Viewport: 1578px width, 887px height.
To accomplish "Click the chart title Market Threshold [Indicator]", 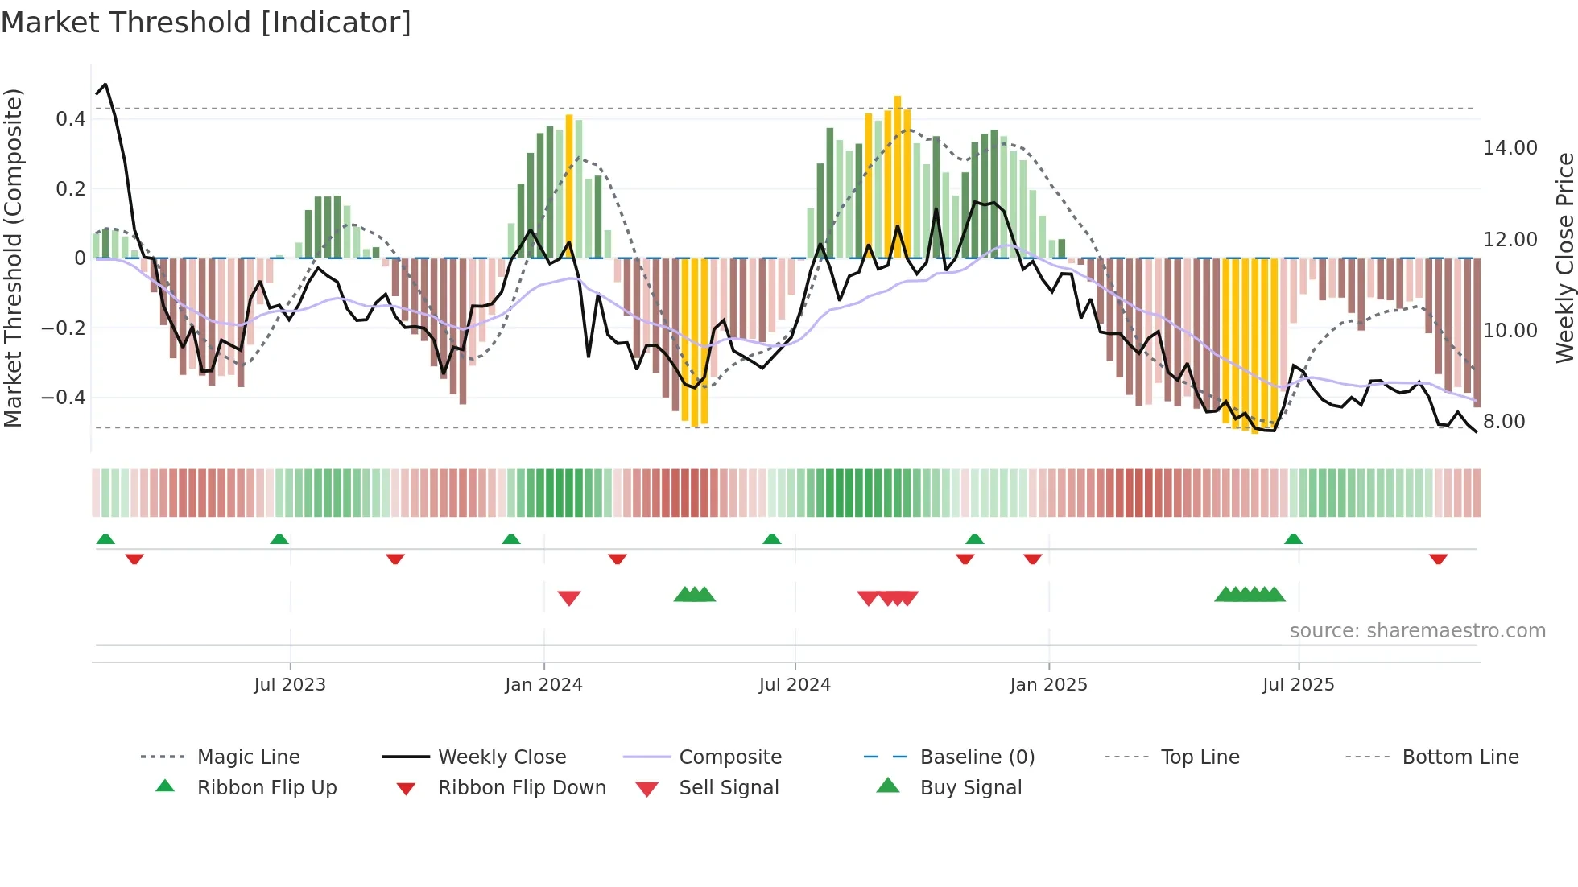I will click(206, 23).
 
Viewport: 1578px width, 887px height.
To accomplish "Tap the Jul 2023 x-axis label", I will click(290, 685).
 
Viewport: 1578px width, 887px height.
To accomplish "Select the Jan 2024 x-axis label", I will click(543, 685).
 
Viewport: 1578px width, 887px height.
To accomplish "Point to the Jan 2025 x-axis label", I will click(1048, 685).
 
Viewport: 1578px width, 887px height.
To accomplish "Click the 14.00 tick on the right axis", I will click(1510, 148).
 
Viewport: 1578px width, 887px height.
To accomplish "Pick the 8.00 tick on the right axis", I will click(1503, 422).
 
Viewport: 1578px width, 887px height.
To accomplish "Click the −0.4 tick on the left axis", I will click(64, 398).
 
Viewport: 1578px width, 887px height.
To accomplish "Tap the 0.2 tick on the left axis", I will click(70, 189).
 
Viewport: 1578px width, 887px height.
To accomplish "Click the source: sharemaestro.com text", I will click(1417, 631).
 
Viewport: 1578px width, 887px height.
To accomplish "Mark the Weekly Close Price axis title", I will click(1564, 258).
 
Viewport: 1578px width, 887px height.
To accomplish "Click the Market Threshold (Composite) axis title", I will click(13, 258).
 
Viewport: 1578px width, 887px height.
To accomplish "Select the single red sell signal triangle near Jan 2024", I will click(569, 598).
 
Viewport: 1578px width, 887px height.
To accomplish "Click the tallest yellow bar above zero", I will click(897, 177).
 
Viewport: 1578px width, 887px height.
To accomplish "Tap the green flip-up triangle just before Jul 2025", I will click(1293, 539).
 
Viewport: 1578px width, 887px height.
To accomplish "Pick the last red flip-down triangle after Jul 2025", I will click(1438, 559).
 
